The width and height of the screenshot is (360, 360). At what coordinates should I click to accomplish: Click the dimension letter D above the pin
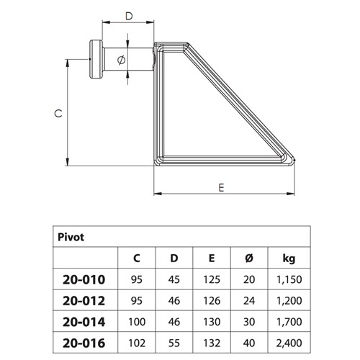[128, 14]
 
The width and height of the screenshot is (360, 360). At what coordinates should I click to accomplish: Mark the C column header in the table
[137, 256]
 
